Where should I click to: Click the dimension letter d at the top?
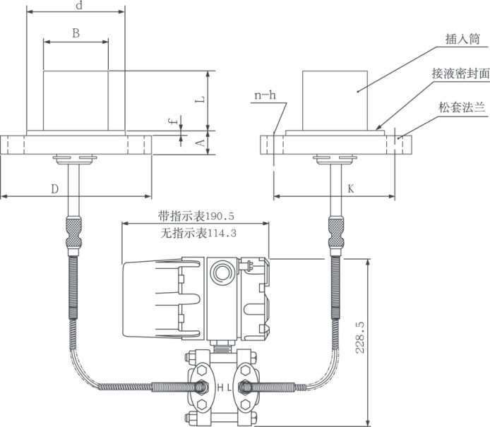[x=78, y=6]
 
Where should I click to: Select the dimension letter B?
[x=76, y=32]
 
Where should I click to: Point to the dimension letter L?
[x=201, y=100]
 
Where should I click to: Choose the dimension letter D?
[x=54, y=188]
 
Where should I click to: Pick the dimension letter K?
[x=351, y=188]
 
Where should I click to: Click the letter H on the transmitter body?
[x=220, y=387]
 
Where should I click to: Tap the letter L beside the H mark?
[x=229, y=387]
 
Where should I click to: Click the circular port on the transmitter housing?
[x=222, y=272]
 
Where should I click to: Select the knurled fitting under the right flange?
[x=335, y=233]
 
